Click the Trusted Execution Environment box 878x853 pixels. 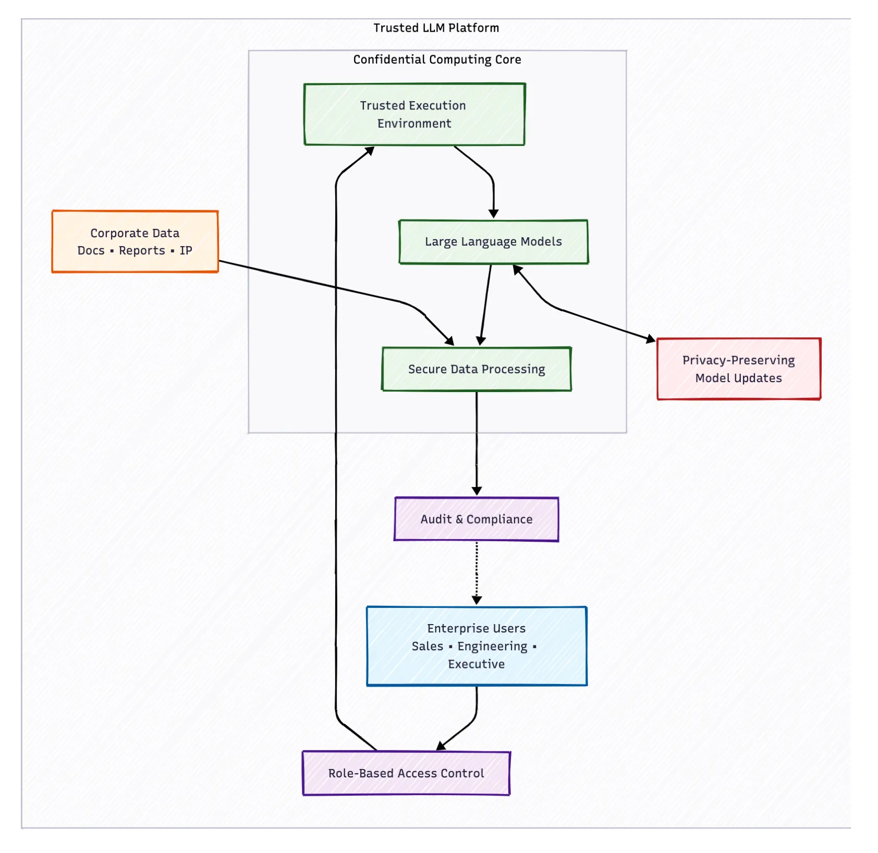(414, 114)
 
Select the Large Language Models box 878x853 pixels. (493, 242)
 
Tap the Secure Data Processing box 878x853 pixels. (477, 369)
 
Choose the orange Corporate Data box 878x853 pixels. (135, 241)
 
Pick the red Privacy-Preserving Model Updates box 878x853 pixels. (739, 369)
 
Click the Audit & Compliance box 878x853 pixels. (477, 519)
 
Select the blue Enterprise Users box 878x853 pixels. (477, 646)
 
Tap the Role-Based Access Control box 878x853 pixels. (406, 773)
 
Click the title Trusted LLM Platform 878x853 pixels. (436, 28)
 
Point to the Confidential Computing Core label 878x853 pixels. (437, 59)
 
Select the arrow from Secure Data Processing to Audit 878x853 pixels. (477, 444)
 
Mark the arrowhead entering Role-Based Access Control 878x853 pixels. (441, 746)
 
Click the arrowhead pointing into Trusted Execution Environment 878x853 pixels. (370, 151)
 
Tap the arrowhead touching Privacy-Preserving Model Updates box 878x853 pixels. (651, 339)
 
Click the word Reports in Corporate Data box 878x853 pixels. (142, 251)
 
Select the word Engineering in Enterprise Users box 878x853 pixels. (492, 647)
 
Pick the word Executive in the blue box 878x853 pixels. (477, 664)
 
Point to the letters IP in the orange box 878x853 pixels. (186, 251)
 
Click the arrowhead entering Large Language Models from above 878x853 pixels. (494, 214)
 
